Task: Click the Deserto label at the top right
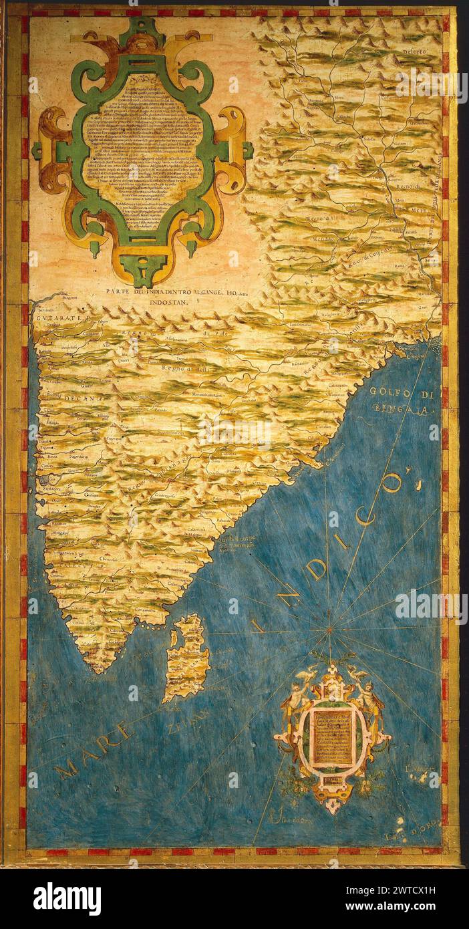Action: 414,51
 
